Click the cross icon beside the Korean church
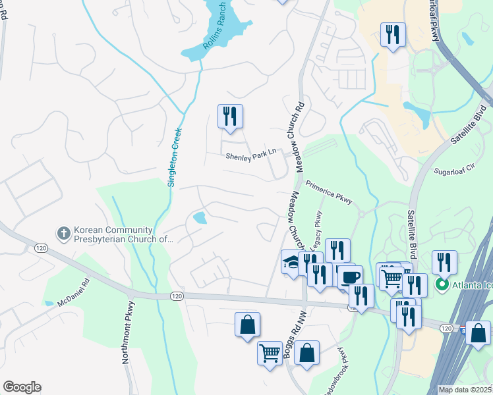tap(64, 233)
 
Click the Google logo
tap(22, 387)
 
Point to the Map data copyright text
tap(465, 390)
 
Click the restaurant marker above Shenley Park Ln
tap(230, 117)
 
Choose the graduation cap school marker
tap(291, 261)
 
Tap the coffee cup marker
tap(351, 276)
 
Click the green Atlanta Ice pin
tap(441, 285)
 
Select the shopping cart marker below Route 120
tap(270, 354)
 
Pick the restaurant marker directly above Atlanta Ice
tap(444, 261)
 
